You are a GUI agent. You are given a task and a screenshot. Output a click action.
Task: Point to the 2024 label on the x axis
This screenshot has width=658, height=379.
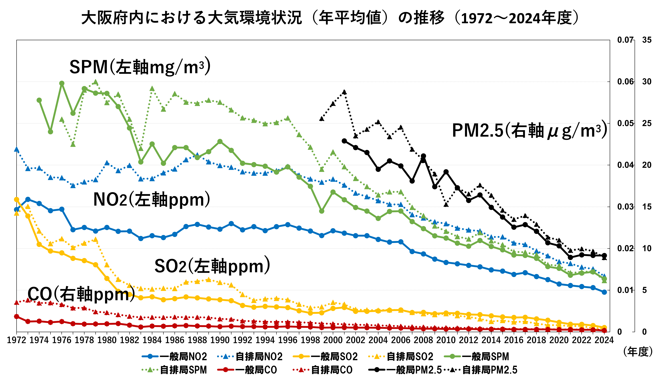pyautogui.click(x=604, y=340)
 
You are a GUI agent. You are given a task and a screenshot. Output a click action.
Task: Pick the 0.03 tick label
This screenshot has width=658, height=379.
pyautogui.click(x=625, y=207)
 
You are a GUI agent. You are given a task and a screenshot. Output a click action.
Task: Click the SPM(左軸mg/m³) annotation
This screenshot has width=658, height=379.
pyautogui.click(x=140, y=67)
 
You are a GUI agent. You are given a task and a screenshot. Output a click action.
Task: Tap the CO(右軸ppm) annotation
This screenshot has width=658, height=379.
pyautogui.click(x=81, y=294)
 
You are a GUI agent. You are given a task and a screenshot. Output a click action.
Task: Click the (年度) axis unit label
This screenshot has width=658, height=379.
pyautogui.click(x=638, y=352)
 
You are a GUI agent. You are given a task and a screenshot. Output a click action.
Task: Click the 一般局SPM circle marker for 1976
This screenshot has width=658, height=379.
pyautogui.click(x=62, y=83)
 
